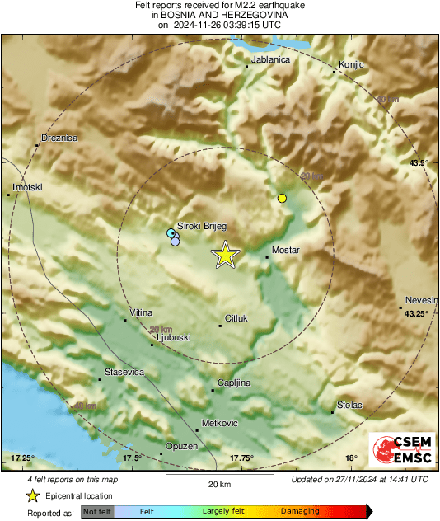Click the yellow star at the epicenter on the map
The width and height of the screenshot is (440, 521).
click(x=224, y=256)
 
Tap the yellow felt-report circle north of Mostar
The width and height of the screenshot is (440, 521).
click(x=282, y=198)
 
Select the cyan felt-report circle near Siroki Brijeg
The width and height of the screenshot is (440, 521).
click(x=171, y=234)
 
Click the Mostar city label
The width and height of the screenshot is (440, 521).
click(x=285, y=250)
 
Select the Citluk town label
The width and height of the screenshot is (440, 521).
click(x=236, y=318)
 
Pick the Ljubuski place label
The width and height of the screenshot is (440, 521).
click(x=173, y=337)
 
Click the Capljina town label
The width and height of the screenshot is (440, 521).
click(x=233, y=383)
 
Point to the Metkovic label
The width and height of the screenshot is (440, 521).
click(x=220, y=423)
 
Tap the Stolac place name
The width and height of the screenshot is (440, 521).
click(x=349, y=406)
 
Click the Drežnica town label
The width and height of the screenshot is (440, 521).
click(x=59, y=138)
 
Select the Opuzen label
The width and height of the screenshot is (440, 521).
click(x=181, y=446)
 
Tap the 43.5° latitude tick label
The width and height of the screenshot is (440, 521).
click(x=419, y=163)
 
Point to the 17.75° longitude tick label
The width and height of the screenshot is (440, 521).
click(x=241, y=458)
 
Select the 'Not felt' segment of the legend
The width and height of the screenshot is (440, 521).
click(x=97, y=512)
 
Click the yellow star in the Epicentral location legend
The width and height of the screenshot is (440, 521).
click(x=32, y=495)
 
